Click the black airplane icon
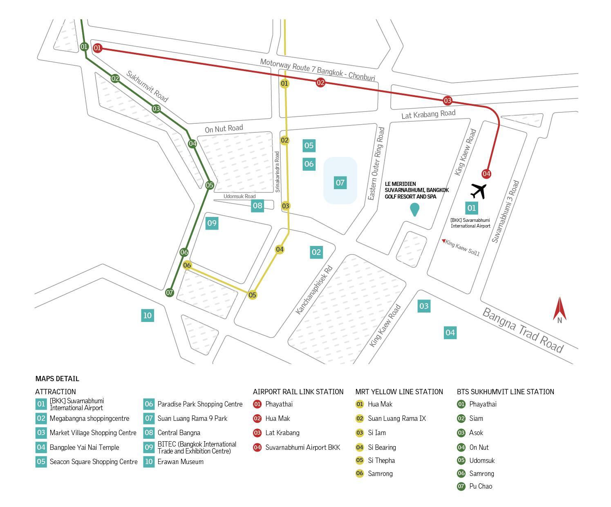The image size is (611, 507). (x=478, y=191)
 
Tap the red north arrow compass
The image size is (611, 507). (x=560, y=310)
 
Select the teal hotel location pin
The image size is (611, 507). (x=414, y=210)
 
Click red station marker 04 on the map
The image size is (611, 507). (x=486, y=174)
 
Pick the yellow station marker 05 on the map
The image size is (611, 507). (x=252, y=295)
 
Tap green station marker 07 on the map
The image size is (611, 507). (x=170, y=293)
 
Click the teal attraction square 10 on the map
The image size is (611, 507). (x=148, y=315)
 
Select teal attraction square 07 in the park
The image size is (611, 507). (x=340, y=183)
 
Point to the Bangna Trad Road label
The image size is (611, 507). (x=523, y=330)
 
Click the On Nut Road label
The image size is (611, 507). (x=224, y=129)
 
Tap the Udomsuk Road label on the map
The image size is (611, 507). (x=239, y=197)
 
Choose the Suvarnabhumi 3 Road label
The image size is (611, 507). (x=505, y=212)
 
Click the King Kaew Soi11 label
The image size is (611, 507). (x=462, y=248)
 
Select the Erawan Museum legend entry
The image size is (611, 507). (x=180, y=462)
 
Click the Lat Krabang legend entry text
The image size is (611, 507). (x=282, y=433)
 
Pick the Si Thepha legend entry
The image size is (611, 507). (x=381, y=460)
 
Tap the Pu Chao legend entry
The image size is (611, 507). (x=481, y=486)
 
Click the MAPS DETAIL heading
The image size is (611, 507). (x=57, y=379)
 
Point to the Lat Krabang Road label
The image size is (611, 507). (x=428, y=114)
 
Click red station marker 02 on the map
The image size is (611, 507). (x=320, y=83)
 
